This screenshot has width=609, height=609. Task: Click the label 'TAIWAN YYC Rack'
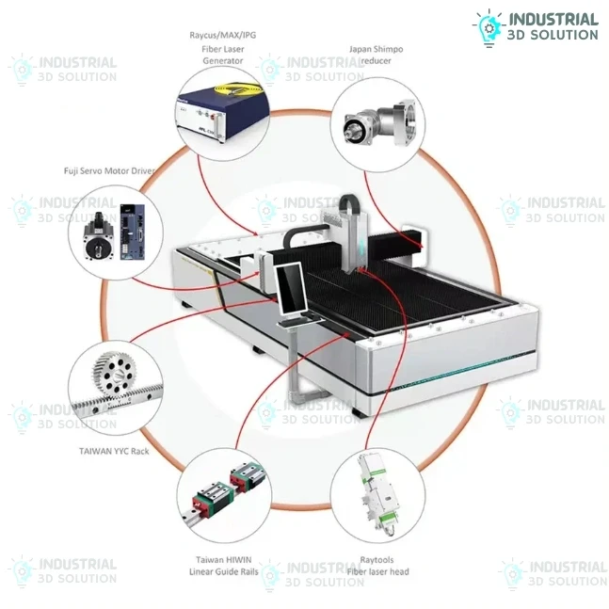pos(114,451)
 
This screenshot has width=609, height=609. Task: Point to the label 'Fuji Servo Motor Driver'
pos(109,172)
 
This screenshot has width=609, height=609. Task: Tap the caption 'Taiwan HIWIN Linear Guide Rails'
pos(223,565)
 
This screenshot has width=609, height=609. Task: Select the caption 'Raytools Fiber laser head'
pos(377,565)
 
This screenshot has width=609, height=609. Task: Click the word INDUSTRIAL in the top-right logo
pos(553,19)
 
